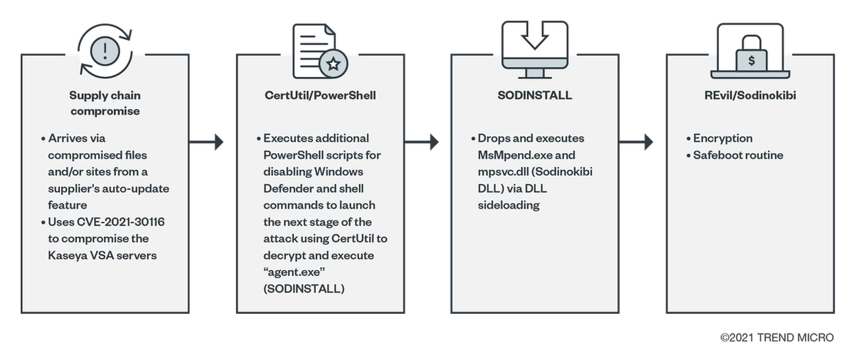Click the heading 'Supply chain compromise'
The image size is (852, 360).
pos(105,103)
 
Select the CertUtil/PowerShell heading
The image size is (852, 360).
pos(320,95)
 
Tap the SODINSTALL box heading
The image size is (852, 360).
pos(534,95)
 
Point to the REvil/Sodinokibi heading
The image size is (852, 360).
pos(750,95)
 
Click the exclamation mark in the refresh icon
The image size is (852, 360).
pos(105,51)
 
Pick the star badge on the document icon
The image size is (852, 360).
pos(333,64)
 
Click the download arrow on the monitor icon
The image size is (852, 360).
pos(534,35)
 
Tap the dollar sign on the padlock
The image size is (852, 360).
pos(751,60)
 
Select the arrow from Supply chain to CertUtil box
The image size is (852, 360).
pos(207,142)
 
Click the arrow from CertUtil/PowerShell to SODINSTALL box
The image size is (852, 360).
pos(421,142)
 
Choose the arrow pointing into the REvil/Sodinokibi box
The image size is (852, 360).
pos(636,142)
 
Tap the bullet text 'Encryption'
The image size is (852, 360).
pos(723,138)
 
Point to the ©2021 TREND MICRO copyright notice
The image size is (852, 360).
pos(777,338)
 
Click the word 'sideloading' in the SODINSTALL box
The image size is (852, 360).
pos(508,205)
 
